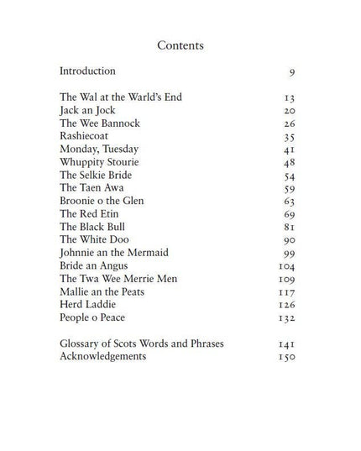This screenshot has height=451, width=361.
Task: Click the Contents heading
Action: [x=180, y=45]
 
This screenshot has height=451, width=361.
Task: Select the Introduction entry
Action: [x=87, y=71]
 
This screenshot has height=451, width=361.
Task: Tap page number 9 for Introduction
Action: [x=291, y=72]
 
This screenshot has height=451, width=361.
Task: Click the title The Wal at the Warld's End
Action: [x=121, y=97]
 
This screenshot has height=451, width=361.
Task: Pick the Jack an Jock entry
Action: [x=86, y=110]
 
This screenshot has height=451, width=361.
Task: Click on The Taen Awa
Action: [x=92, y=188]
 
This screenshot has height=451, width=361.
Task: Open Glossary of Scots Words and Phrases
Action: [x=142, y=343]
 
